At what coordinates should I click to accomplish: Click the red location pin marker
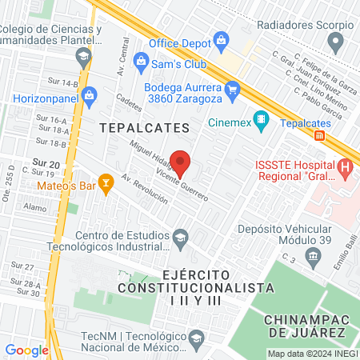click(182, 163)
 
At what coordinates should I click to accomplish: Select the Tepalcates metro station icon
click(319, 136)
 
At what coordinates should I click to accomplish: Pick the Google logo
click(26, 350)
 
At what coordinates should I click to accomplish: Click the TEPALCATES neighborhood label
click(145, 128)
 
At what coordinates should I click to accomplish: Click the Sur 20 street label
click(44, 162)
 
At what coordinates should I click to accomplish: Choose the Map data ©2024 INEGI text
click(311, 353)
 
